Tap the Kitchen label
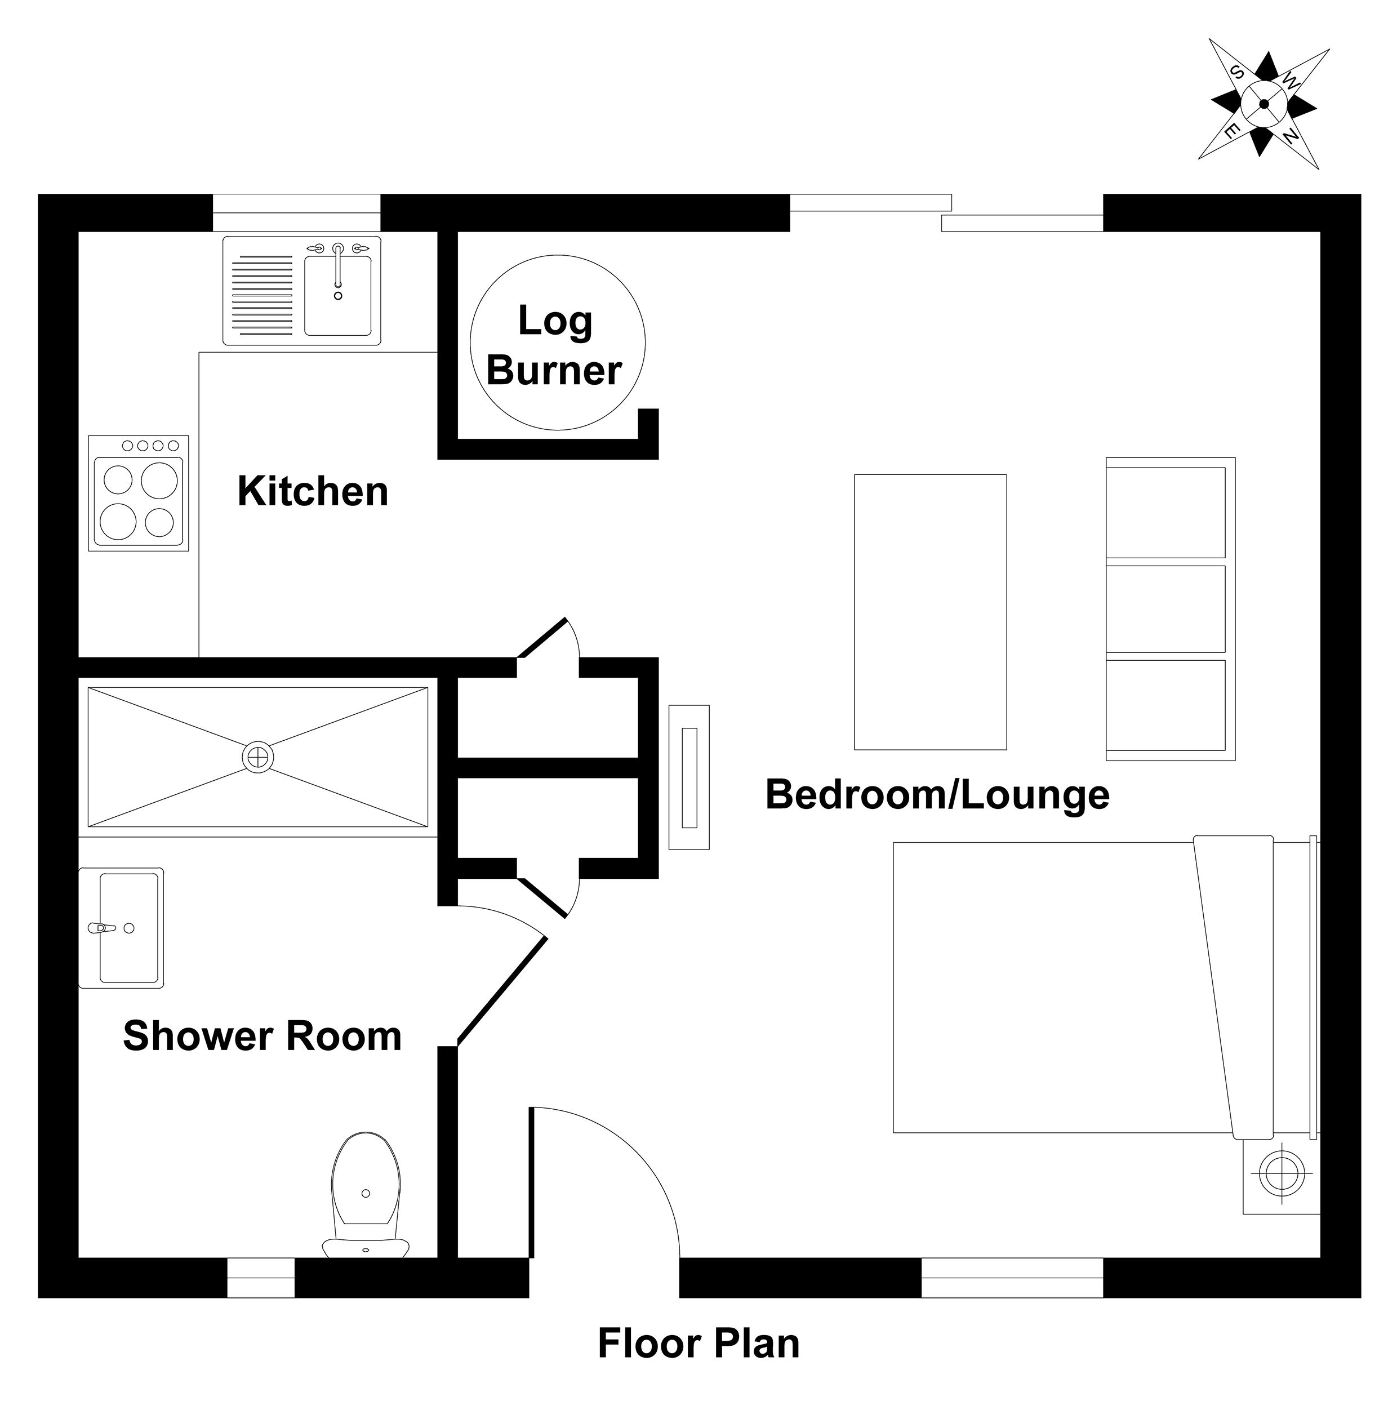coord(313,492)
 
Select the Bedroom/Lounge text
coord(937,795)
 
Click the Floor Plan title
coord(699,1343)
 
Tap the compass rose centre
coord(1263,104)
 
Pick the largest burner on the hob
coord(159,479)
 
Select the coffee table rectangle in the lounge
coord(930,612)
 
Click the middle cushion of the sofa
coord(1165,609)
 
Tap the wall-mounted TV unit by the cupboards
coord(689,777)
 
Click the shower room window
coord(261,1278)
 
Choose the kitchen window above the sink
coord(296,213)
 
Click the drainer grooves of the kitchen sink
coord(263,295)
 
